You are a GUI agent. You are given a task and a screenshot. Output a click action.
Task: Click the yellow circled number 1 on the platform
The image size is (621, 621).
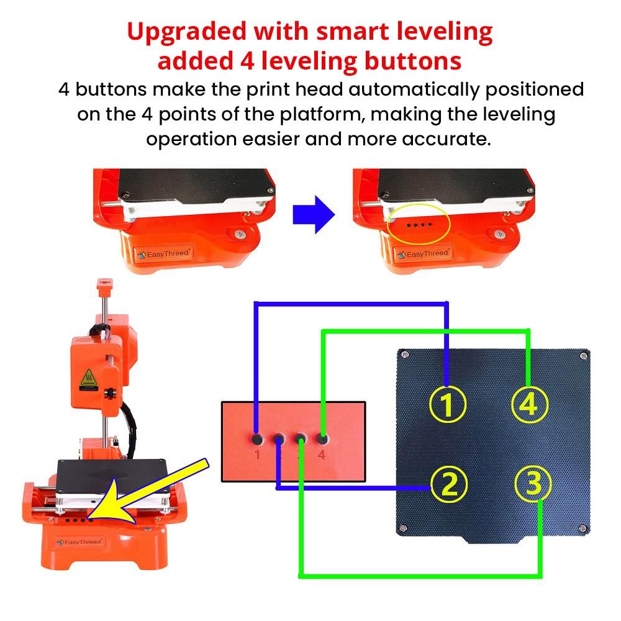click(447, 404)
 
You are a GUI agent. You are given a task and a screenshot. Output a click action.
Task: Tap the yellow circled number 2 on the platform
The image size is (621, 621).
click(447, 485)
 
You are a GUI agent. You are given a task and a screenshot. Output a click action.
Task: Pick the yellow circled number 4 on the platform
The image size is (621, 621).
click(529, 404)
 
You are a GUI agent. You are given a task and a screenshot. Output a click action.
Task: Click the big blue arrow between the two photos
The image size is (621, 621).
click(314, 214)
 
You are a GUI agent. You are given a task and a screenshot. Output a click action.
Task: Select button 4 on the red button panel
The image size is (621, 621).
click(322, 438)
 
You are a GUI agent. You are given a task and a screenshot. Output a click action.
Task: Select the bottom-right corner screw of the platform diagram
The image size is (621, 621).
click(582, 528)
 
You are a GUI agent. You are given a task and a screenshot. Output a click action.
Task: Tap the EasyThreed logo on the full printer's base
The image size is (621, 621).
click(79, 542)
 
